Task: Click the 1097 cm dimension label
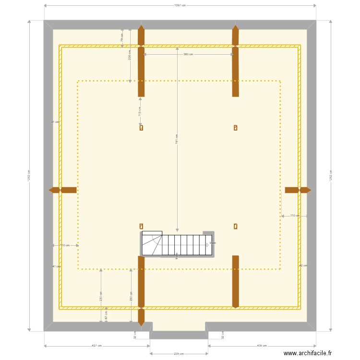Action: (x=180, y=5)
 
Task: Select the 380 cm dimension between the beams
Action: (x=188, y=54)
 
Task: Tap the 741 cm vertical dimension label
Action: (x=177, y=139)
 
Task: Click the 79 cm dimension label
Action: (x=122, y=38)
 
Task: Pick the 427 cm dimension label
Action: (x=96, y=346)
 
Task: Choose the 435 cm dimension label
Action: (x=262, y=346)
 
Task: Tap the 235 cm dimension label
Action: (x=179, y=354)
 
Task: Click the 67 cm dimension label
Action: (x=106, y=314)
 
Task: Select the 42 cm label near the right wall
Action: (x=303, y=265)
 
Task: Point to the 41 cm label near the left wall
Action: (x=56, y=266)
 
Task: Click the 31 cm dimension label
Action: (x=55, y=122)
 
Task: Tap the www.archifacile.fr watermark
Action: (x=307, y=353)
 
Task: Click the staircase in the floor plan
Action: (x=177, y=245)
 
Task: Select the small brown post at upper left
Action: (x=141, y=128)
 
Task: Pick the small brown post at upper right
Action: (x=235, y=128)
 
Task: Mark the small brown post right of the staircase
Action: (x=235, y=226)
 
